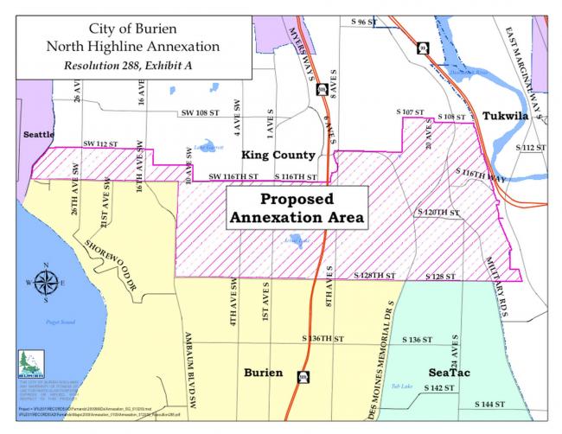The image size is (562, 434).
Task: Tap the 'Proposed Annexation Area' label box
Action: click(x=295, y=208)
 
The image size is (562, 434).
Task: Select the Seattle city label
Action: click(x=39, y=135)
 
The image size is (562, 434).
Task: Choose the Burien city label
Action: click(x=263, y=372)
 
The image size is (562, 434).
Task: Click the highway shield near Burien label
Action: click(x=303, y=377)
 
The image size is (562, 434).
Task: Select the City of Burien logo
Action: click(x=29, y=361)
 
